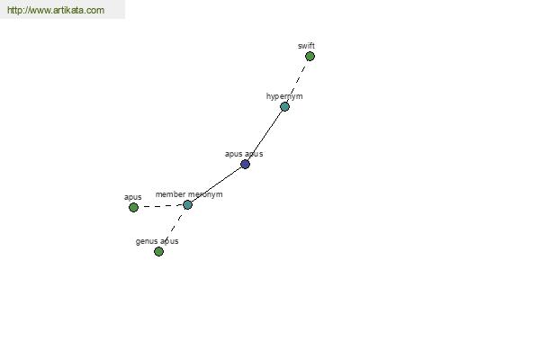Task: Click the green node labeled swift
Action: (310, 56)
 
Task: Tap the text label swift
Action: (306, 46)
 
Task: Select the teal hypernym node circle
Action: (284, 106)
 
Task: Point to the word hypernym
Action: (284, 96)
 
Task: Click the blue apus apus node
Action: (245, 165)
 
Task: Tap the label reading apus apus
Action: (244, 154)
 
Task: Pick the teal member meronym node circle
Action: (188, 205)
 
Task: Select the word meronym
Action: (205, 194)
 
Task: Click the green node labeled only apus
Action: (133, 207)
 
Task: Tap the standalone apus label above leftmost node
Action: (132, 197)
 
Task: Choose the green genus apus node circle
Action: (158, 251)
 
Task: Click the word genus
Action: (147, 241)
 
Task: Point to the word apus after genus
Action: (169, 241)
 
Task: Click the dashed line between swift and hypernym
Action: (298, 81)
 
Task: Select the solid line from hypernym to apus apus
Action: (265, 135)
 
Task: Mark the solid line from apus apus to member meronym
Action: (216, 184)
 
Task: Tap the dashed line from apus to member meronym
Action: (160, 206)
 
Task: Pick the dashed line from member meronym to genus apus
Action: (173, 228)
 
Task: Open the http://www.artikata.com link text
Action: (56, 10)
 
